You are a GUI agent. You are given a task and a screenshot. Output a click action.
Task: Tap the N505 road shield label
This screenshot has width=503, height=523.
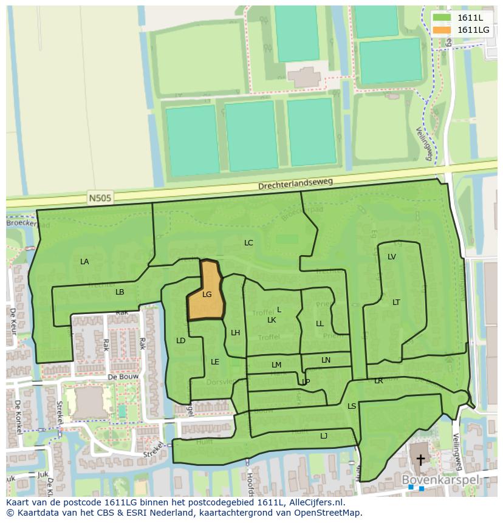[100, 197]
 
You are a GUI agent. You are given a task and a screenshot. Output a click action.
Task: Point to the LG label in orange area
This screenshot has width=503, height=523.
[207, 295]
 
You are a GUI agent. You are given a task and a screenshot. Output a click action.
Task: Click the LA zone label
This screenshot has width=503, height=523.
[84, 262]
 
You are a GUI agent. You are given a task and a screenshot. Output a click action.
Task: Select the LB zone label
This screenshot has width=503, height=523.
[120, 292]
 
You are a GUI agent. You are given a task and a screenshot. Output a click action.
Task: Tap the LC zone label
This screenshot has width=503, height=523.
[248, 243]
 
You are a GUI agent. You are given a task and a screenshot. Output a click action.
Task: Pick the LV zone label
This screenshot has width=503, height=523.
[392, 257]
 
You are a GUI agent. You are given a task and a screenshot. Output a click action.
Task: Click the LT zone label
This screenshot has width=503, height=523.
[396, 303]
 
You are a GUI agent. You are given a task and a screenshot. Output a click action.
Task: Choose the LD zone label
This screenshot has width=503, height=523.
[180, 341]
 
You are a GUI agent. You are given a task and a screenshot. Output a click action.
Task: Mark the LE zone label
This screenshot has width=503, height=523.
[214, 362]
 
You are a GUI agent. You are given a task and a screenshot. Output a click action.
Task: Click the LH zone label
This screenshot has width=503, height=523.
[236, 333]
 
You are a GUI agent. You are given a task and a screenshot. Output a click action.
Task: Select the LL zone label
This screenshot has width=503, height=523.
[320, 324]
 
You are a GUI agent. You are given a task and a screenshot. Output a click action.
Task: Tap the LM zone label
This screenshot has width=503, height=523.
[276, 365]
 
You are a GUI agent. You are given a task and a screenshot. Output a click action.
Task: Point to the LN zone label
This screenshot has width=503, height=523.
[326, 360]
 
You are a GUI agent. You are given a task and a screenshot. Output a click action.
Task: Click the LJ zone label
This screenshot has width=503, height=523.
[324, 436]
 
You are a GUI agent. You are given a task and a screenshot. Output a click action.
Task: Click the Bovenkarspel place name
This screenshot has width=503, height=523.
[440, 480]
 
